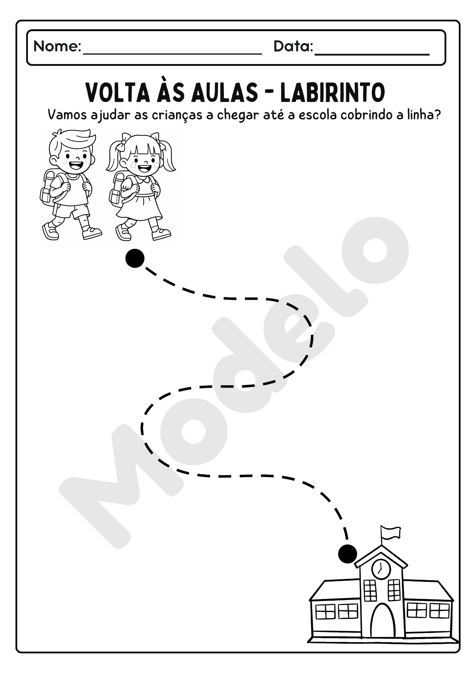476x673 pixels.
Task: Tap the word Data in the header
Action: (x=292, y=46)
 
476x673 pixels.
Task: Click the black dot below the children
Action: (x=135, y=258)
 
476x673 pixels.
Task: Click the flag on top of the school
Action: (x=391, y=533)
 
